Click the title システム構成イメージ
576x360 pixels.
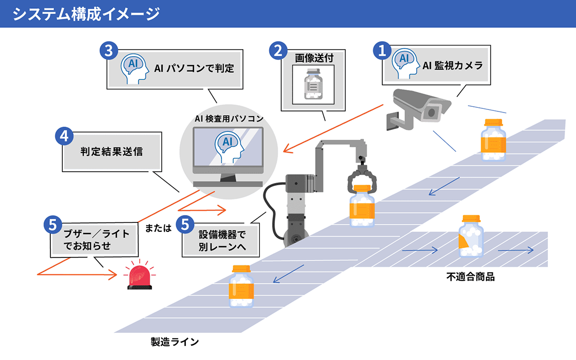click(86, 14)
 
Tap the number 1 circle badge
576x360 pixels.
click(382, 51)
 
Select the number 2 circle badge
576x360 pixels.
click(278, 51)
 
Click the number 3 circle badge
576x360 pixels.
click(108, 51)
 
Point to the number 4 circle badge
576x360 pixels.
click(63, 137)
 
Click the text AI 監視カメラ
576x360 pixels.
click(452, 66)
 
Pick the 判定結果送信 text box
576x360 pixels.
click(112, 152)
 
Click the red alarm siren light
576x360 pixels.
click(139, 276)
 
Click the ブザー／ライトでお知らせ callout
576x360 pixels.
click(97, 240)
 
